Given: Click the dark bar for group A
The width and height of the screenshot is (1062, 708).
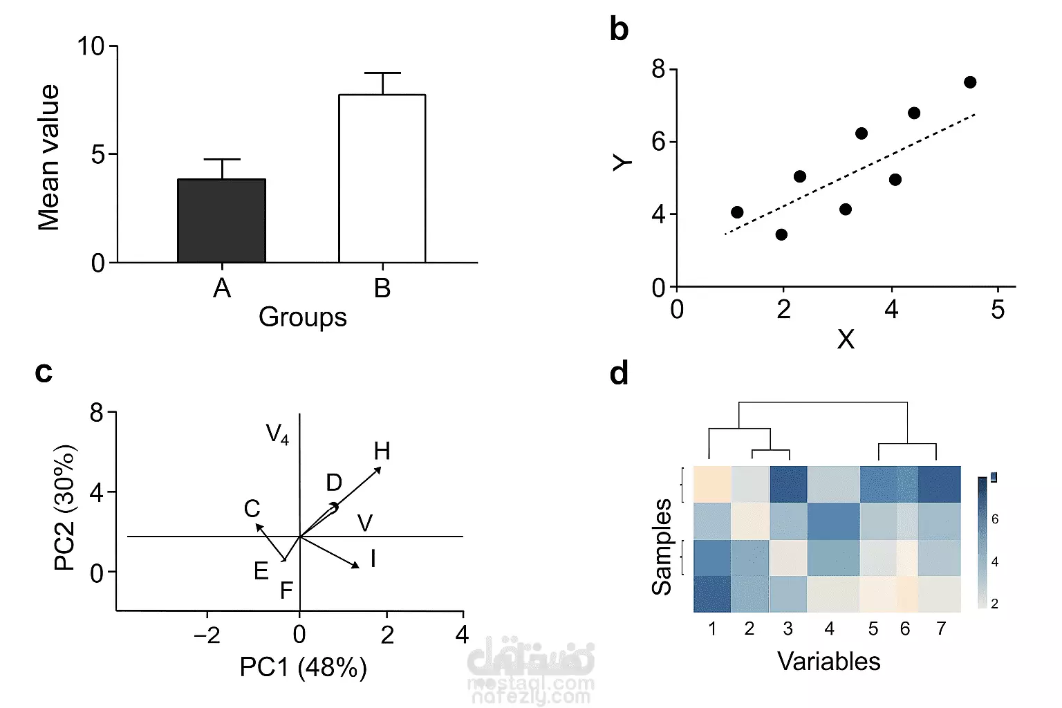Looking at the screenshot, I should (x=221, y=221).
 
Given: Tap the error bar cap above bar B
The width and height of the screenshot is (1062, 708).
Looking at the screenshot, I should (x=382, y=73).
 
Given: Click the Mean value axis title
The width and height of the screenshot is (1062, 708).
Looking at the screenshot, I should (x=49, y=157).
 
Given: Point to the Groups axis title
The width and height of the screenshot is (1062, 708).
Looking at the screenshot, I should (x=302, y=317).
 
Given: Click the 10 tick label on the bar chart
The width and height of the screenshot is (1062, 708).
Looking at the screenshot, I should (x=91, y=46).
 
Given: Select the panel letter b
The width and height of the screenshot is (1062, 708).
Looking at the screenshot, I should (x=619, y=30).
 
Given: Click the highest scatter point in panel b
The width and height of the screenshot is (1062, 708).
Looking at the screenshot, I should (x=969, y=82).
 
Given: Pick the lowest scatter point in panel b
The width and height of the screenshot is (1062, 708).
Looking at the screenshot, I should (x=781, y=234).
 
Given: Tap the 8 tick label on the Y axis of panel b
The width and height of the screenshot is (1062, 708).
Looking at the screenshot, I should (x=658, y=69).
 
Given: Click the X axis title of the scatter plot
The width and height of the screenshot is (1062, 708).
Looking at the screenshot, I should (x=846, y=339).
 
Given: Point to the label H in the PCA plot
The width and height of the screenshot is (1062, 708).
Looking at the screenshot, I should (x=382, y=451).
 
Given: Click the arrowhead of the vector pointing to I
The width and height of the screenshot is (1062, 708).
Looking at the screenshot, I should (x=356, y=566).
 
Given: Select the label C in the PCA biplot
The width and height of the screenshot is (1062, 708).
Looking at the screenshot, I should (x=252, y=509).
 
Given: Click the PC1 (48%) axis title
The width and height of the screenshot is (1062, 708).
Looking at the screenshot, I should (x=303, y=668).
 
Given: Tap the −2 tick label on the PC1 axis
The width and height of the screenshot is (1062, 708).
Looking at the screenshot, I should (x=207, y=635).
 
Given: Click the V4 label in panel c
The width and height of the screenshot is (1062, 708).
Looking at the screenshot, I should (x=277, y=434).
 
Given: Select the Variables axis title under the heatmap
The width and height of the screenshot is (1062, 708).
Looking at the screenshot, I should (x=829, y=662).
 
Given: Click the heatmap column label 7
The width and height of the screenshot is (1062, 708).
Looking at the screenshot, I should (x=941, y=628).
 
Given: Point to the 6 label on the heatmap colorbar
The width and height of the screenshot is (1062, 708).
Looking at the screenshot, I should (x=995, y=519).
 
